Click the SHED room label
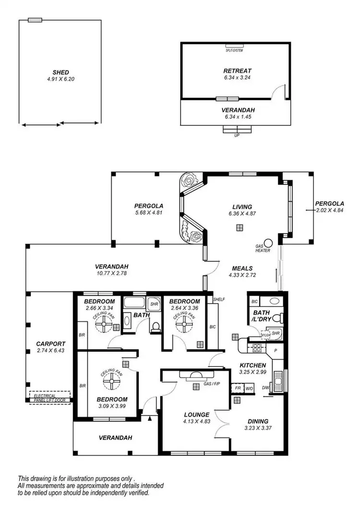point(60,73)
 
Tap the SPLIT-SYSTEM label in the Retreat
point(235,50)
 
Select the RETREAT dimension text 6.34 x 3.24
point(237,77)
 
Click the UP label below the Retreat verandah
point(236,135)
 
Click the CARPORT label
point(50,344)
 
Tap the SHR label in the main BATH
point(154,304)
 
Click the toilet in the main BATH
point(155,327)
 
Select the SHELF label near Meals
point(219,299)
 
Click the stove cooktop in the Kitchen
point(256,349)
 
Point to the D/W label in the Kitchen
point(265,387)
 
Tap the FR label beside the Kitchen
point(237,387)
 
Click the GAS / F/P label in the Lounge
point(212,384)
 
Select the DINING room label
point(256,421)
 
